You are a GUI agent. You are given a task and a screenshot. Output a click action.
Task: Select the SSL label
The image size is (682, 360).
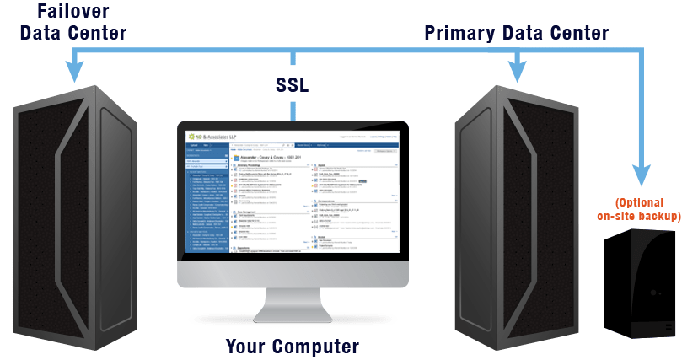click(293, 85)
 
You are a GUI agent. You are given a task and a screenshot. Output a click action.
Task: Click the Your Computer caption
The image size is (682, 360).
click(292, 346)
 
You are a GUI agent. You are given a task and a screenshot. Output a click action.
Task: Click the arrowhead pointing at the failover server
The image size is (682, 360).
click(76, 73)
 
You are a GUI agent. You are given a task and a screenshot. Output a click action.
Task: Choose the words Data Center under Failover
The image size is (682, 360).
click(73, 33)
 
